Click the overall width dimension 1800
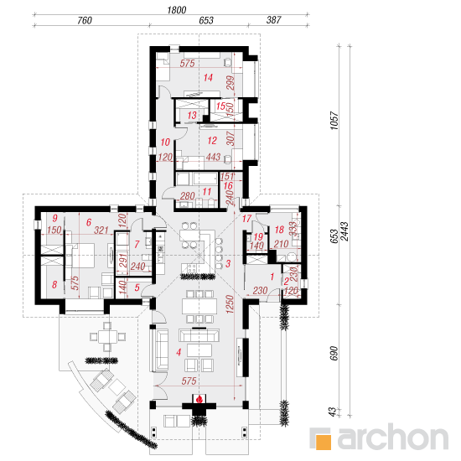pyautogui.click(x=176, y=10)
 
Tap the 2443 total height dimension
pyautogui.click(x=344, y=231)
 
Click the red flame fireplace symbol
pyautogui.click(x=199, y=399)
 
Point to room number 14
pyautogui.click(x=208, y=78)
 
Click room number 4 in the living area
pyautogui.click(x=179, y=352)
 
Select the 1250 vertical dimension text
pyautogui.click(x=230, y=304)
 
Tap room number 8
pyautogui.click(x=54, y=284)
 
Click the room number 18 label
pyautogui.click(x=279, y=230)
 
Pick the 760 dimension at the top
pyautogui.click(x=85, y=21)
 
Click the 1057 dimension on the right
pyautogui.click(x=334, y=120)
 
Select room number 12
pyautogui.click(x=212, y=140)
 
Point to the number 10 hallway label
pyautogui.click(x=165, y=142)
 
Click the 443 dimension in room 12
pyautogui.click(x=213, y=157)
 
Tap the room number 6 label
pyautogui.click(x=89, y=222)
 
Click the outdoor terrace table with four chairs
pyautogui.click(x=107, y=337)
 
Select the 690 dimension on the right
pyautogui.click(x=334, y=353)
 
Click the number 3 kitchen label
pyautogui.click(x=228, y=263)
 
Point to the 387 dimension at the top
pyautogui.click(x=274, y=20)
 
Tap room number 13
pyautogui.click(x=192, y=116)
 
